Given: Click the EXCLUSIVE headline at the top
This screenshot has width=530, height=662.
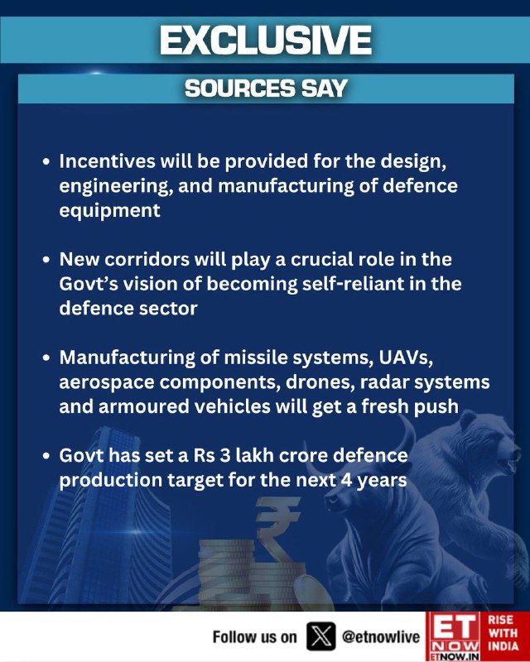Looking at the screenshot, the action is [x=266, y=40].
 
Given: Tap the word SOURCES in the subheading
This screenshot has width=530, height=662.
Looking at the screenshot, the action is [x=239, y=89].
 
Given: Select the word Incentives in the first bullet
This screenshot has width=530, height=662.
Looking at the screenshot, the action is [x=108, y=161].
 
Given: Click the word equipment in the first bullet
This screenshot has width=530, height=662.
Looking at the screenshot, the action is [x=110, y=210].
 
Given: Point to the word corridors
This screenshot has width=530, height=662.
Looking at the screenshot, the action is [x=147, y=259].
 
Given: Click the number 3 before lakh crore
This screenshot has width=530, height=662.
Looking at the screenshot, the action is [x=225, y=456].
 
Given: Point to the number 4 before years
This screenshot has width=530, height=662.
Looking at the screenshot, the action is [x=346, y=480].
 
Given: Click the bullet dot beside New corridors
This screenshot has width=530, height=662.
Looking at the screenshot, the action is [x=46, y=260].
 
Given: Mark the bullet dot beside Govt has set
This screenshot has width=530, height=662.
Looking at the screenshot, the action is [x=46, y=457].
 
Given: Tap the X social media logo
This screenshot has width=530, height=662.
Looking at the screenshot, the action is [x=321, y=636].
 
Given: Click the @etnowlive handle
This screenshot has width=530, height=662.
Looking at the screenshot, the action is [x=381, y=636].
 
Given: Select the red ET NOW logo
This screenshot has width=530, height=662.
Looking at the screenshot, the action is [x=453, y=636].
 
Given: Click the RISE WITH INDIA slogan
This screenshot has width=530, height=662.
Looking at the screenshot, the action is [x=503, y=633].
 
